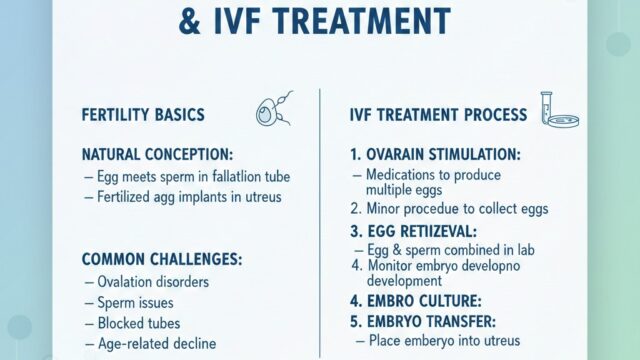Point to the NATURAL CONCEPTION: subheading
pyautogui.click(x=158, y=155)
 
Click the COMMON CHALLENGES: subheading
pyautogui.click(x=161, y=258)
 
